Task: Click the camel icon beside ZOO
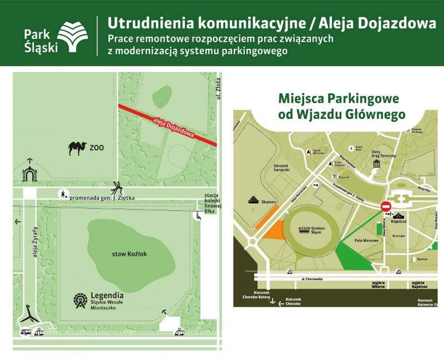[77, 148]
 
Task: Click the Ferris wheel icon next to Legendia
[80, 301]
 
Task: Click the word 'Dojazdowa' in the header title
[395, 23]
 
